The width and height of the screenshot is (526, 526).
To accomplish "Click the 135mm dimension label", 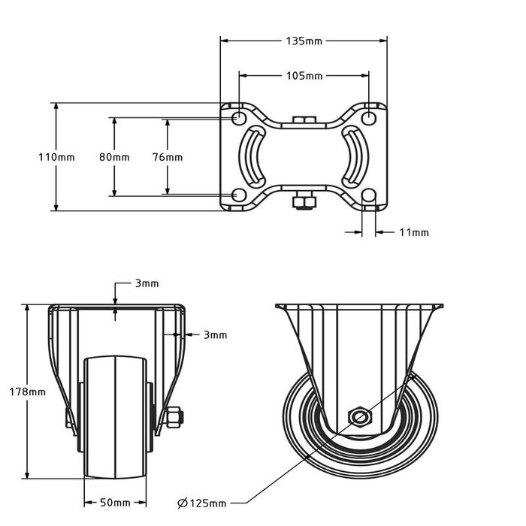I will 304,41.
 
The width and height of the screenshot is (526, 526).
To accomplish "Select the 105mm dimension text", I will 304,76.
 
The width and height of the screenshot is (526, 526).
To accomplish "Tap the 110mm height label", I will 56,157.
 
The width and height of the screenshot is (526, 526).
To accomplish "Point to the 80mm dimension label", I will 114,157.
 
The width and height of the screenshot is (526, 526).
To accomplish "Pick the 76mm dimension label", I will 167,157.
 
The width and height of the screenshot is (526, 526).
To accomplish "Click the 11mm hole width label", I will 414,233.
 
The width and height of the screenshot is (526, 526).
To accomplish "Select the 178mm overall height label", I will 28,391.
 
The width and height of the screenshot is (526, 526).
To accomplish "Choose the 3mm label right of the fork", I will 215,335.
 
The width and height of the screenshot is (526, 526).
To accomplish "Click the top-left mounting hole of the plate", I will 239,118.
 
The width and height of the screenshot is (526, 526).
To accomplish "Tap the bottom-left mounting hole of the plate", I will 239,195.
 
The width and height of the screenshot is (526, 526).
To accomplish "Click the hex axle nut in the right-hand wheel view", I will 359,417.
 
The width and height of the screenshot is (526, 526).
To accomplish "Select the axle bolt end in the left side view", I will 174,418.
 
